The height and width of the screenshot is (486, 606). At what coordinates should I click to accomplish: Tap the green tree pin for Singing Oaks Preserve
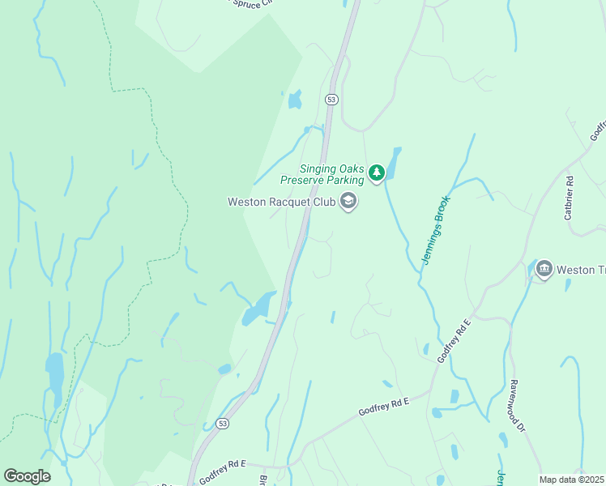pos(376,173)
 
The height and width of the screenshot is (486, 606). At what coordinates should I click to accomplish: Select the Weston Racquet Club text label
pos(281,202)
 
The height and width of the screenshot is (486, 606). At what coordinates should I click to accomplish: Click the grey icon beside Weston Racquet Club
pos(348,202)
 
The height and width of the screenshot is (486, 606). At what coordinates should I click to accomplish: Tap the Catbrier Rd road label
pos(569,198)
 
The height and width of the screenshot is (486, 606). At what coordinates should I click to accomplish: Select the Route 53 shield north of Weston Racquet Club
pos(331,99)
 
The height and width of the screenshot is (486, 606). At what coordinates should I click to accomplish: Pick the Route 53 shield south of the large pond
pos(223,424)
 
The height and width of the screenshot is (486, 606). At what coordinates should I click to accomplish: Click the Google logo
pos(27,476)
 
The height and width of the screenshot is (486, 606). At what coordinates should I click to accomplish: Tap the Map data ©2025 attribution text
pos(571,480)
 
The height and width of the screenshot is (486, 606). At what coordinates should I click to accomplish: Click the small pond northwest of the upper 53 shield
pos(294,100)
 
